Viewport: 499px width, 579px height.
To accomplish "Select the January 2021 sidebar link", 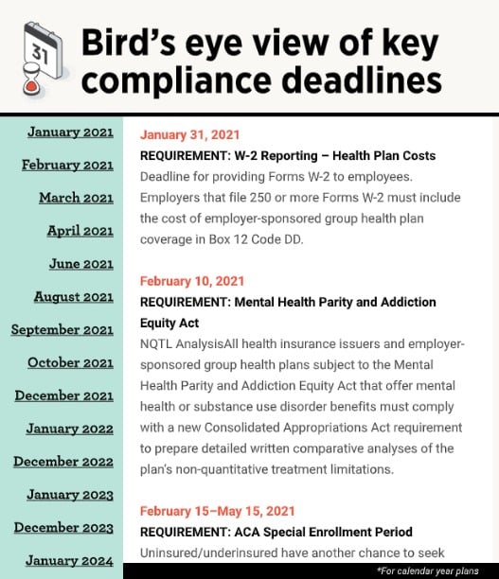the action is (x=70, y=132).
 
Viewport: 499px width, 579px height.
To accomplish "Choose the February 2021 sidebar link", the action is (x=67, y=165).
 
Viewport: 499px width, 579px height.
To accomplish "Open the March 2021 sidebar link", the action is (x=76, y=198).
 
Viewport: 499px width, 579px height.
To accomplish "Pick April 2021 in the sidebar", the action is (x=80, y=231).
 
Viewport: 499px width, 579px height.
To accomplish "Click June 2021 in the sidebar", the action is (x=80, y=264).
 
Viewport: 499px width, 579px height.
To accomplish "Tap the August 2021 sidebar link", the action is (x=73, y=297).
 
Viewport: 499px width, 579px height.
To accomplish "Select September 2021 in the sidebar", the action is (x=62, y=330).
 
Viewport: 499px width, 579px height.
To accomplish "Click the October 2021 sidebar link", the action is (x=70, y=363).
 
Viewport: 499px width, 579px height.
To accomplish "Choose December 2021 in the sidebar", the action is (x=63, y=395).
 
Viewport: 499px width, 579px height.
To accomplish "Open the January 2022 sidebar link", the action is (x=69, y=429).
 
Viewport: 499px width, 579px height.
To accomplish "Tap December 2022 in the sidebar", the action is (x=63, y=462).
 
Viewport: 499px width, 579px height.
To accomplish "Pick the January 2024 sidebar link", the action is (x=69, y=560).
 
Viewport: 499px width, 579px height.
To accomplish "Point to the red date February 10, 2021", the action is (x=192, y=281).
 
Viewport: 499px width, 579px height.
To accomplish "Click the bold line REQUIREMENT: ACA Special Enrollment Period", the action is (x=276, y=532).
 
